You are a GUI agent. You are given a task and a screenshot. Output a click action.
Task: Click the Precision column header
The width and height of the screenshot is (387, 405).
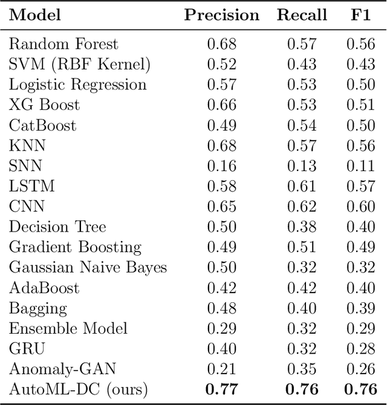(222, 16)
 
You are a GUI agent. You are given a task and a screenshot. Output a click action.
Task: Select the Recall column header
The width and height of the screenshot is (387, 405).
(302, 16)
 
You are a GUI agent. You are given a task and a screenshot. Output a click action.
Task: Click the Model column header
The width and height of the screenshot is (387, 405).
(36, 16)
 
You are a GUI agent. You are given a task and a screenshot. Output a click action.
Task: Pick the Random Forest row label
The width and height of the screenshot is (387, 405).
(63, 44)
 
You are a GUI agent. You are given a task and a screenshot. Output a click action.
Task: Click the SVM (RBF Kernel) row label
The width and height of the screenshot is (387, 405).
(79, 64)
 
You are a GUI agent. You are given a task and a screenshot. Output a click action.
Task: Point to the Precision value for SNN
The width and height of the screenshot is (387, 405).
(222, 166)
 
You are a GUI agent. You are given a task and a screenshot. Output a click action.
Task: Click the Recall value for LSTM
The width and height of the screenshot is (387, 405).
(302, 186)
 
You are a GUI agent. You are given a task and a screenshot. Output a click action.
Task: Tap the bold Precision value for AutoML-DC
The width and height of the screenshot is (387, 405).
(222, 389)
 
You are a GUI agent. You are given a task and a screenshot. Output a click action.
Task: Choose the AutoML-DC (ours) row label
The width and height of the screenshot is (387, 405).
(78, 389)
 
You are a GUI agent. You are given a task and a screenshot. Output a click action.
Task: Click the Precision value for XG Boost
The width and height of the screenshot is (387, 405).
(222, 105)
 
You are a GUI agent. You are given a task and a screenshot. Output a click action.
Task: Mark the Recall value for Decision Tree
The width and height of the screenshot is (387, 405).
(302, 227)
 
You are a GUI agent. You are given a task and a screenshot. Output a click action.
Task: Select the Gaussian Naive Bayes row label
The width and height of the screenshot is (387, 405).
(88, 268)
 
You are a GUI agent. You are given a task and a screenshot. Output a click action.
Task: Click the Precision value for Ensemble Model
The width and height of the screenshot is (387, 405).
(222, 328)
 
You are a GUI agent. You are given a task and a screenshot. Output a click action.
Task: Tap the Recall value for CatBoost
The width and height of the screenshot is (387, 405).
(302, 125)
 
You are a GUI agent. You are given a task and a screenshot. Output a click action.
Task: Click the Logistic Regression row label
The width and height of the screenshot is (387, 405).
(77, 85)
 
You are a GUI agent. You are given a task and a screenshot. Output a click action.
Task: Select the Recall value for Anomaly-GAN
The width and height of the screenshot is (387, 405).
(302, 369)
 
